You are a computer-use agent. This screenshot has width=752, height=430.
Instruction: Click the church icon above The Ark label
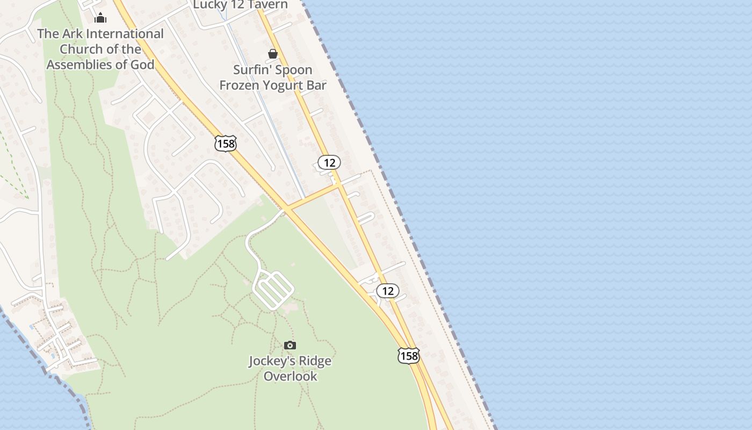100,18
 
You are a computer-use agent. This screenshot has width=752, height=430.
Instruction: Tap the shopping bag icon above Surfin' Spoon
273,54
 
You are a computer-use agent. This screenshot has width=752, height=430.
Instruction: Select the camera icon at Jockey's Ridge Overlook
290,345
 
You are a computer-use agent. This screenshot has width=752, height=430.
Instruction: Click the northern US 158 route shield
225,144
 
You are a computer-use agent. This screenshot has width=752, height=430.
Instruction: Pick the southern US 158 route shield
408,355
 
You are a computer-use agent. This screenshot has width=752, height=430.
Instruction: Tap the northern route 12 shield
329,162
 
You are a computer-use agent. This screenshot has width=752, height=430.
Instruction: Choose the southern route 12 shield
388,291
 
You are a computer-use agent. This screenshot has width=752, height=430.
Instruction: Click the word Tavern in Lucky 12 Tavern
264,5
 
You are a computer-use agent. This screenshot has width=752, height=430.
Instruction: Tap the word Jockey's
271,361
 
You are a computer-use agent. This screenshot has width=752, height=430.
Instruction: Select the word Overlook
290,376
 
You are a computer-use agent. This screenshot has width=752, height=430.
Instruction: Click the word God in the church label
142,64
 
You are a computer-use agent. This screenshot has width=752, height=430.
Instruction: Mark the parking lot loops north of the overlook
273,290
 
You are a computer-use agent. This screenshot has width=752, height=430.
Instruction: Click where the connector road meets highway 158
287,209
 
